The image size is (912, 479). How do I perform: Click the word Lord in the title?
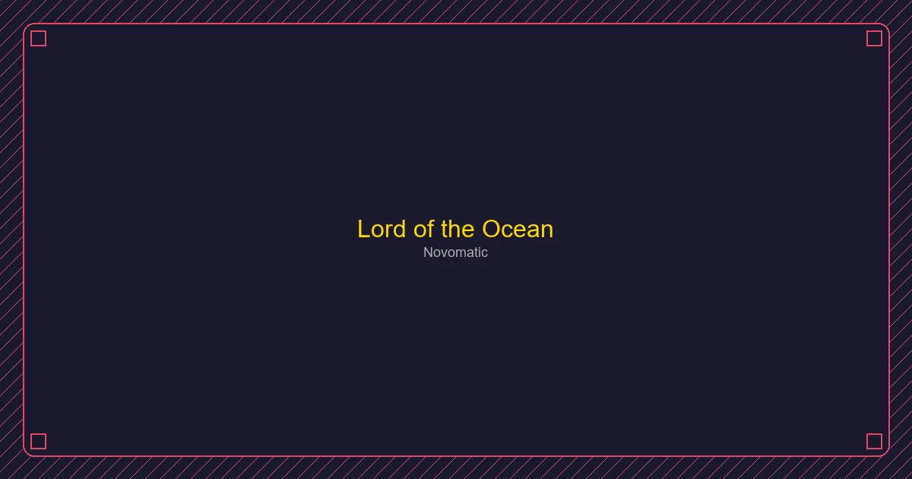382,230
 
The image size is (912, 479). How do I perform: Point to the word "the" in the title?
458,230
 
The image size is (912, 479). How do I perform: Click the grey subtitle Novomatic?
455,252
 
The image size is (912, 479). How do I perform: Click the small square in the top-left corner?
39,39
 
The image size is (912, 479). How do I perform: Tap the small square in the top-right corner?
874,39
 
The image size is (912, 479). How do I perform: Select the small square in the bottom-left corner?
39,441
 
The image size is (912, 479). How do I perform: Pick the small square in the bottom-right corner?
874,441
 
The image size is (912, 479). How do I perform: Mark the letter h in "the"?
457,230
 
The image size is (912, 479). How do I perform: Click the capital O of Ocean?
492,230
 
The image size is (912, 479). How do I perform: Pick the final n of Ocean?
546,230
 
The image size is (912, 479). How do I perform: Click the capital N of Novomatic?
428,252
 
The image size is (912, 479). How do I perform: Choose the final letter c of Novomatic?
485,253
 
